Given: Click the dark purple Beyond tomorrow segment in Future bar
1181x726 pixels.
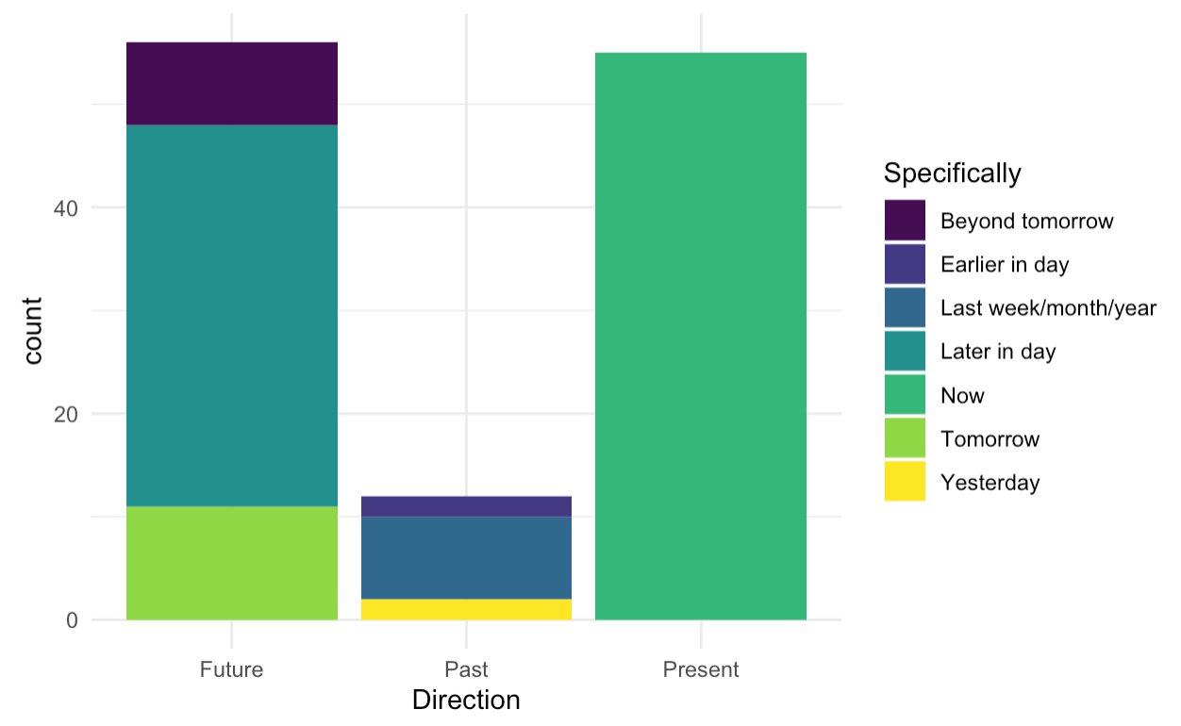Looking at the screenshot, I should (232, 84).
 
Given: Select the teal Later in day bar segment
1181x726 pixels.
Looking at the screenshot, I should (232, 315).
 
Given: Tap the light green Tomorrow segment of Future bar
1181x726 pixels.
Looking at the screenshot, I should (232, 563).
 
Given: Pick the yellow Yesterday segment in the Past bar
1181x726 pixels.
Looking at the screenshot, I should (466, 609).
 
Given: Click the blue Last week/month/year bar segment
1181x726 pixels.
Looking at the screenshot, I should (466, 557).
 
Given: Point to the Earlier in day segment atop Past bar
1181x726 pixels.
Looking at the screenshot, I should (466, 506).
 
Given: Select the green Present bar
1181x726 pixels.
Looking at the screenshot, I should (701, 336).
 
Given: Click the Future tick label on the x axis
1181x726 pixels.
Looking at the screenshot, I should (232, 670).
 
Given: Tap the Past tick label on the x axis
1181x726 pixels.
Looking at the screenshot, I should (466, 670).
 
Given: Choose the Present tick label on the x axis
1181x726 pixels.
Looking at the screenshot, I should (701, 670).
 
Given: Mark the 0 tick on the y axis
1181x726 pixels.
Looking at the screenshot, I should (71, 620).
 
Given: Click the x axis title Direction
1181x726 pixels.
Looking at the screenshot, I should (466, 701).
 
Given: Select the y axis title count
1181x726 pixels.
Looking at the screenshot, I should (34, 331).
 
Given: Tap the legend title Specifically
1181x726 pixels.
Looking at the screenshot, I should (952, 173).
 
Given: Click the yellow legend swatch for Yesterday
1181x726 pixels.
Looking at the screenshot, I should (905, 482).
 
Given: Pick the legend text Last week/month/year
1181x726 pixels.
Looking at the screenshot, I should (1048, 308).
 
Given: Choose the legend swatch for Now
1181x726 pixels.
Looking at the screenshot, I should (905, 395).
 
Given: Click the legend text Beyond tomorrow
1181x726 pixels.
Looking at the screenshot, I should (1026, 222).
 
